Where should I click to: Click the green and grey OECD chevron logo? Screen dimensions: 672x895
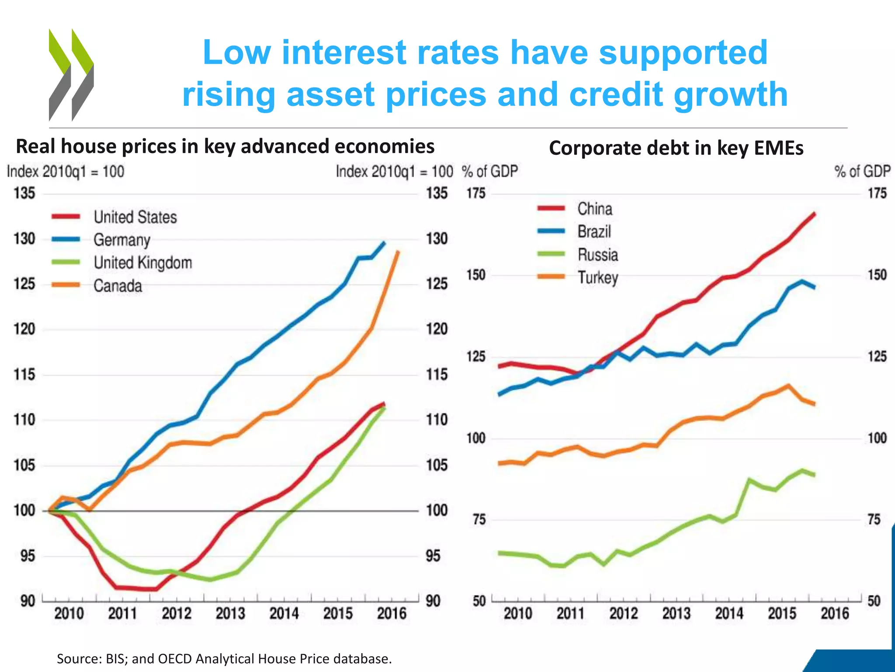(x=71, y=74)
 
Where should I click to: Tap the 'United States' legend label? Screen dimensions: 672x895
(x=135, y=217)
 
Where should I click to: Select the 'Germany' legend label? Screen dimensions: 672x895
(x=122, y=240)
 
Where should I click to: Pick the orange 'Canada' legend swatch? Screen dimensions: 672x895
(x=66, y=285)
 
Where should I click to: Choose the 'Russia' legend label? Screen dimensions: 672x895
(x=597, y=255)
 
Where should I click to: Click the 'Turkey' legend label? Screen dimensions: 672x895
(x=597, y=277)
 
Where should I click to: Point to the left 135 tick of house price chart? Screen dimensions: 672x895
(x=24, y=193)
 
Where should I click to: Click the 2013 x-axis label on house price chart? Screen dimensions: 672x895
(x=230, y=613)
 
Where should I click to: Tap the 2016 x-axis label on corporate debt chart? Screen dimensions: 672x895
(x=834, y=613)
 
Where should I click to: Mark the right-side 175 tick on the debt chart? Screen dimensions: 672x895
(x=877, y=193)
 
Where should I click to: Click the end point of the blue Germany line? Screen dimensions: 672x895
(x=384, y=243)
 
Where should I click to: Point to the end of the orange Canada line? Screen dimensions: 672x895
(x=398, y=252)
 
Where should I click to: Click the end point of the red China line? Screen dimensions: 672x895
(x=814, y=214)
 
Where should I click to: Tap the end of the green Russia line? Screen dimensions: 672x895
(x=814, y=475)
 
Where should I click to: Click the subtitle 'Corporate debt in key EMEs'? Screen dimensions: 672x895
(x=676, y=148)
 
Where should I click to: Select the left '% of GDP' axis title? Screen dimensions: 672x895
(x=490, y=171)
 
